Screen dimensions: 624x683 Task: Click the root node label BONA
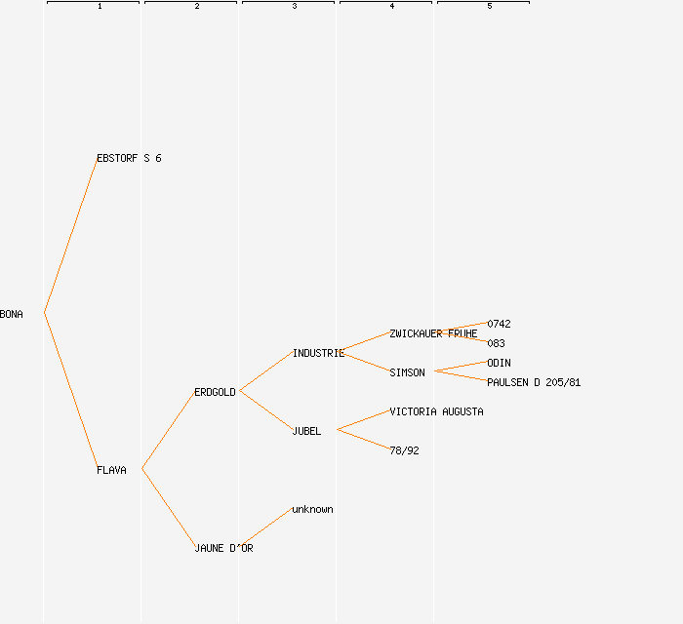click(x=12, y=314)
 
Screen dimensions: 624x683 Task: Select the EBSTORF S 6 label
click(x=129, y=158)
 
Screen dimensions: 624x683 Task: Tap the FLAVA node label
click(x=111, y=470)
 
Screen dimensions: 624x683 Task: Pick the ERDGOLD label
click(x=215, y=392)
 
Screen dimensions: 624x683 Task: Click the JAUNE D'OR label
click(x=223, y=548)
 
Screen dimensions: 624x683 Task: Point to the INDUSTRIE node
click(x=318, y=353)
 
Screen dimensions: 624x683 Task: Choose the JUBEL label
click(x=306, y=431)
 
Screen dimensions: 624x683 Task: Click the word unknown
click(x=312, y=509)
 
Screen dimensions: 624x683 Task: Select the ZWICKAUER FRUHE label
click(x=433, y=333)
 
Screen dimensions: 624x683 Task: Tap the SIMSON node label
click(x=407, y=372)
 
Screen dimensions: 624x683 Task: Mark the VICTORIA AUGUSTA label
click(x=436, y=411)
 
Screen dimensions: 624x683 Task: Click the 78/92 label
click(x=404, y=450)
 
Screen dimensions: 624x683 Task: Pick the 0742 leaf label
click(x=499, y=324)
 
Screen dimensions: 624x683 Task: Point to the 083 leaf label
click(x=496, y=343)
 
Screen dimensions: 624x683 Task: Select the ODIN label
click(x=499, y=363)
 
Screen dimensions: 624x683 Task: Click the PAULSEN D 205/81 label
click(x=534, y=382)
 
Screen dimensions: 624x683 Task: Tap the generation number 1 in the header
click(x=100, y=7)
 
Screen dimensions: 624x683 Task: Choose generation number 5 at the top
click(x=490, y=7)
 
